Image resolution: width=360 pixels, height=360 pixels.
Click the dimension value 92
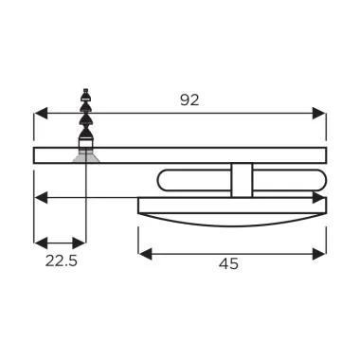[189, 99]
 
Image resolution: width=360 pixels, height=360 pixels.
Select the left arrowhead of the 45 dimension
[143, 253]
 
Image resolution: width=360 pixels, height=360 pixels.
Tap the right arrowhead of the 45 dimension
[321, 253]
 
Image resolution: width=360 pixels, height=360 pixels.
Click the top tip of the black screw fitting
[85, 90]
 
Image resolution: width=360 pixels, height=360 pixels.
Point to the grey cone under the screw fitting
[85, 154]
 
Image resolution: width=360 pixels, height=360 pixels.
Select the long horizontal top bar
[189, 155]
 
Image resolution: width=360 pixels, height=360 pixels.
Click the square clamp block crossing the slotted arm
[242, 180]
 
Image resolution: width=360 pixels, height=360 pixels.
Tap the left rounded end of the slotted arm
[164, 180]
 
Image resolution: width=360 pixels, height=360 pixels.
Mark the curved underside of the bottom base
[232, 222]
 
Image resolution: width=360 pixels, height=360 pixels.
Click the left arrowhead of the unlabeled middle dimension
[39, 197]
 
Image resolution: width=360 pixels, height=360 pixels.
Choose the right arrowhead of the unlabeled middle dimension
[321, 197]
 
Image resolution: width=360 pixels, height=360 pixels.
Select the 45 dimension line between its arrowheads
[232, 253]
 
